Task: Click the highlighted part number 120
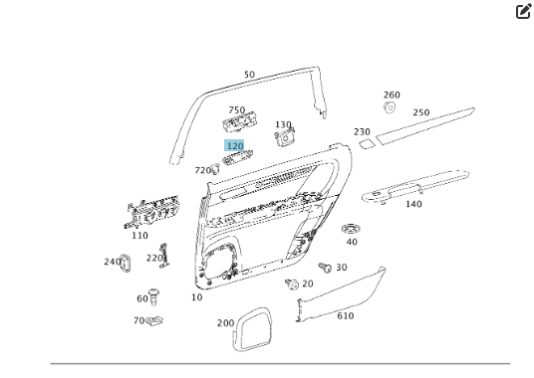tap(235, 146)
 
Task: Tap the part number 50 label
tap(249, 75)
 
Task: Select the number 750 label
tap(236, 110)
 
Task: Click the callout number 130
tap(283, 124)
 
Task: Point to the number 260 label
tap(392, 95)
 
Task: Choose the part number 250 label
tap(421, 112)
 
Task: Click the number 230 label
tap(362, 131)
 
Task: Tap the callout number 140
tap(412, 204)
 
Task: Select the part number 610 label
tap(345, 315)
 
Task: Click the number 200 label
tap(225, 323)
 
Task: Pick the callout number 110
tap(139, 236)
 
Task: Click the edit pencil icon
tap(523, 12)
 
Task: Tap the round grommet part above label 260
tap(391, 107)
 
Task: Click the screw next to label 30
tap(324, 267)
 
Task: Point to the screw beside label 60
tap(154, 295)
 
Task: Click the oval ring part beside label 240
tap(127, 264)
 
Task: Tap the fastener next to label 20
tap(291, 284)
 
